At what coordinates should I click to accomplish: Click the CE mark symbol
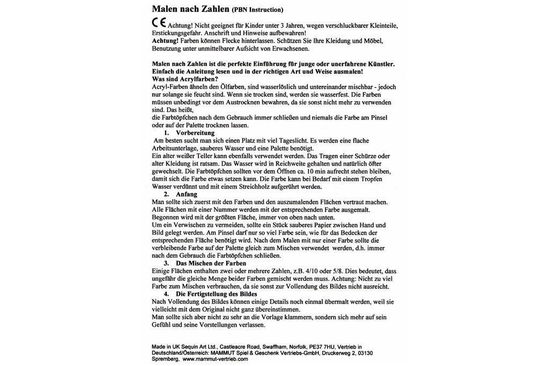pyautogui.click(x=159, y=24)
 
